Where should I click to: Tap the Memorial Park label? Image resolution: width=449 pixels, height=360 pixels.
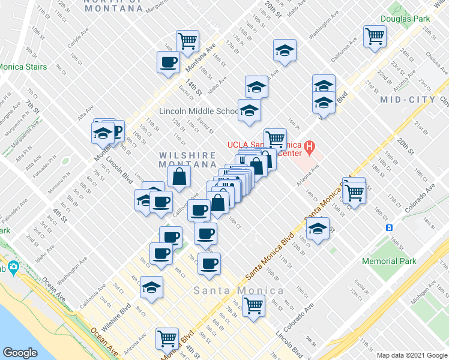point(389,261)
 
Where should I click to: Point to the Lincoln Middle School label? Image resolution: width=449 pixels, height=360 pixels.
point(198,111)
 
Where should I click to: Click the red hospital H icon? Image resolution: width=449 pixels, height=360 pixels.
point(309,146)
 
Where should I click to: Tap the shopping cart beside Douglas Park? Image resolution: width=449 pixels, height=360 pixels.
point(375,36)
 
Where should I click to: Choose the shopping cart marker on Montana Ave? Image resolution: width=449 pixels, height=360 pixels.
point(188,40)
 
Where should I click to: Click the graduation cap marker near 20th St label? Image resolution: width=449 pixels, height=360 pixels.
point(285,50)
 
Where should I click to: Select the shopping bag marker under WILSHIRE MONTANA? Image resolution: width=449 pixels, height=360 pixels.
point(179,176)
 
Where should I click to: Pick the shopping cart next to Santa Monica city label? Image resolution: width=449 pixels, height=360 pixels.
point(255,304)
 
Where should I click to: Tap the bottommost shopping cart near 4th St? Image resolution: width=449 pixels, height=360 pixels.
point(166,338)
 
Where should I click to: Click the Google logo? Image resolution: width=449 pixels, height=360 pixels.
point(20,352)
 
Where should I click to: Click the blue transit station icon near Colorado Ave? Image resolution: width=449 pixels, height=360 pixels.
point(389,227)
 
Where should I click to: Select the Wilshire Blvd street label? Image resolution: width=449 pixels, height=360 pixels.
point(116,318)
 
